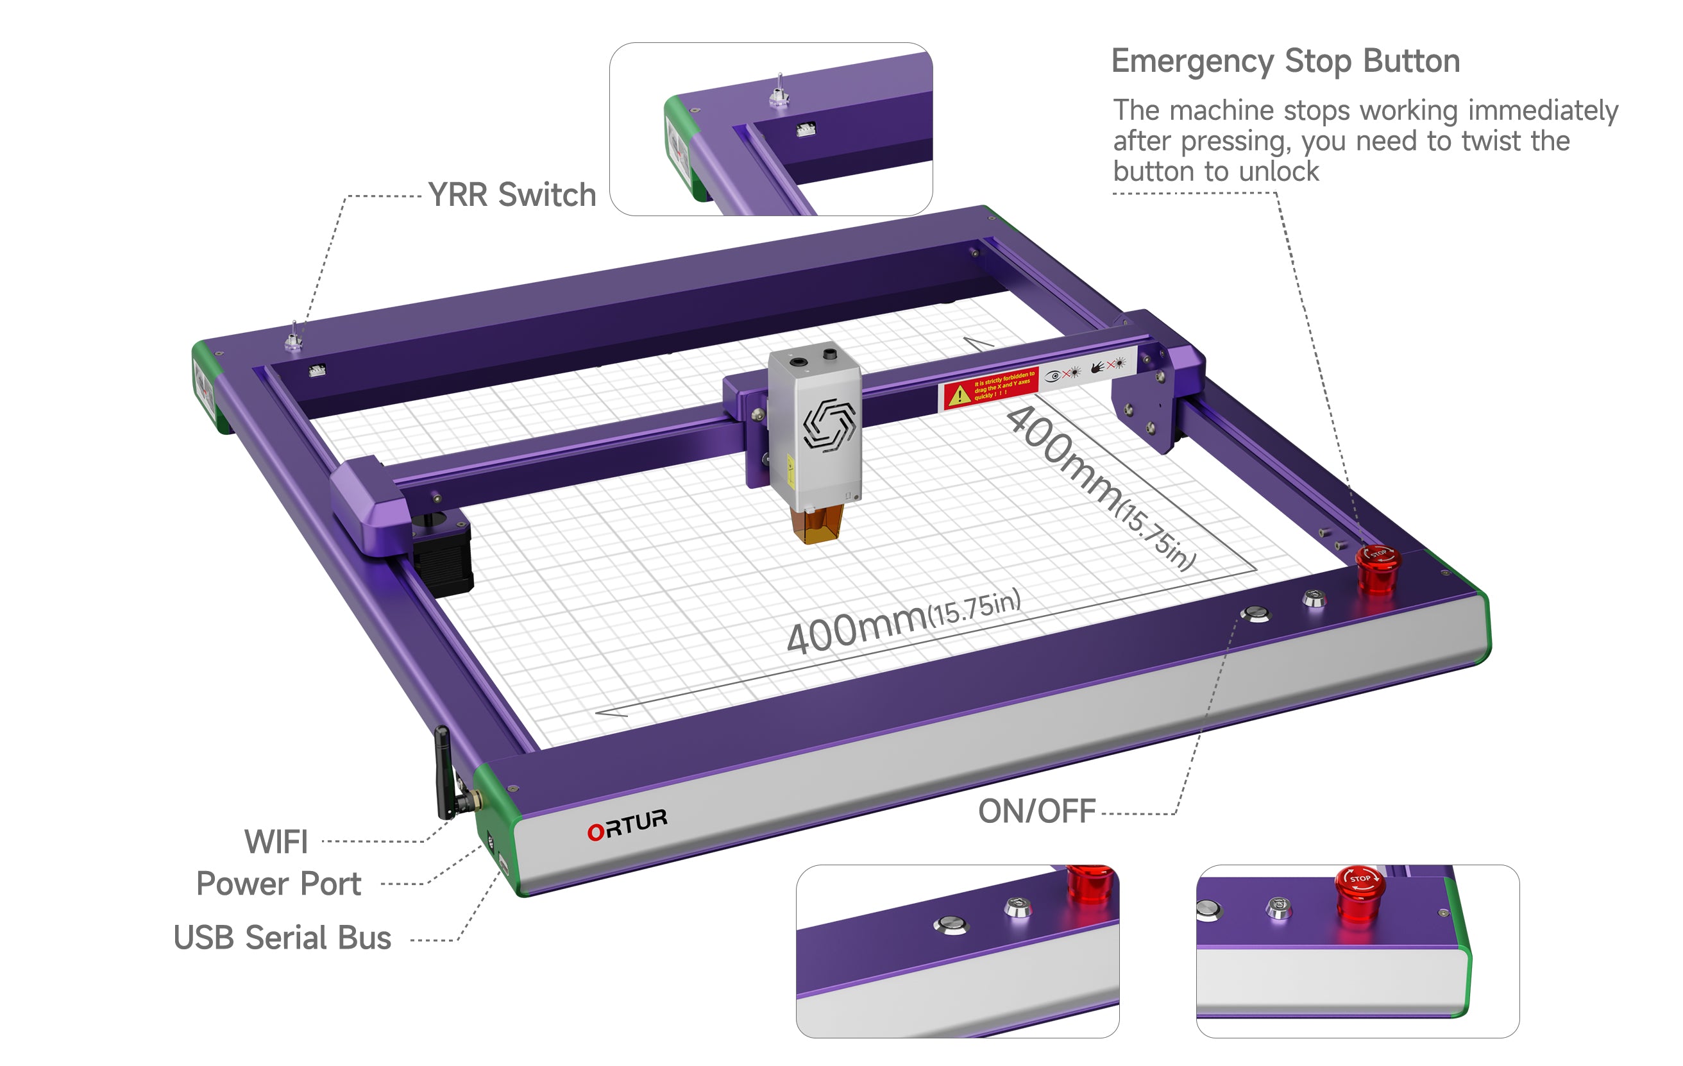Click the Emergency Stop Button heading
click(x=1285, y=62)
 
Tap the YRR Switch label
click(x=512, y=195)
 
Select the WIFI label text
click(x=276, y=842)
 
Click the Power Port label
click(x=278, y=884)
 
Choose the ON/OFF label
click(x=1036, y=811)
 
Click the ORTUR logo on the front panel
click(x=627, y=824)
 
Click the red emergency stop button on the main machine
click(x=1378, y=568)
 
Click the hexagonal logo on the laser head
click(x=829, y=423)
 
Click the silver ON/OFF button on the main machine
click(x=1255, y=614)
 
